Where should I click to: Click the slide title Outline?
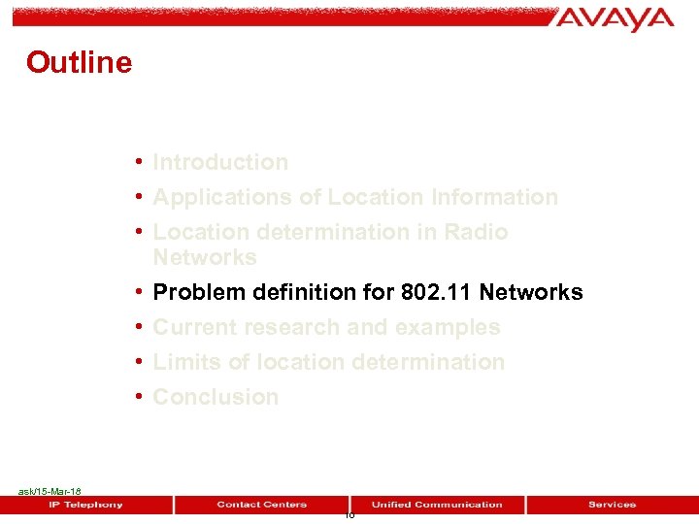coord(79,62)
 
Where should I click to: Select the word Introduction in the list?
coord(220,162)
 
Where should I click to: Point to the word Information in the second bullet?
coord(494,197)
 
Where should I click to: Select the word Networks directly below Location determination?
coord(205,257)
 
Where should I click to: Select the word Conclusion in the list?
coord(216,397)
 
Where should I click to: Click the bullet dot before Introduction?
coord(141,161)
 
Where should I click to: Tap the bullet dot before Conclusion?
coord(141,396)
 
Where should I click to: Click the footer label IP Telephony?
coord(86,505)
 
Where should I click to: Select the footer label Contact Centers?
coord(261,505)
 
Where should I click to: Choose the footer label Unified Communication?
coord(437,505)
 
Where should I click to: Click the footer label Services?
coord(612,505)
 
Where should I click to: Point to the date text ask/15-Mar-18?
coord(50,492)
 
